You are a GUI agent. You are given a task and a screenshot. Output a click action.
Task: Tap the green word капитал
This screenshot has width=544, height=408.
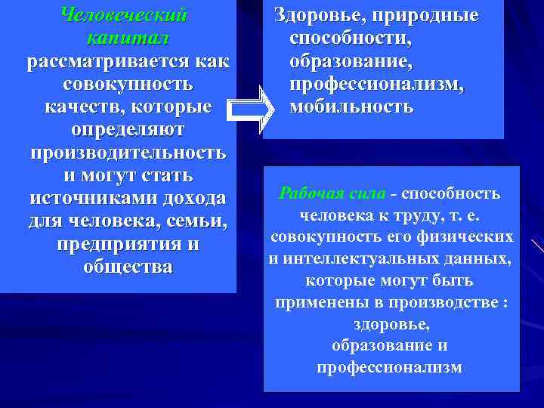tap(127, 38)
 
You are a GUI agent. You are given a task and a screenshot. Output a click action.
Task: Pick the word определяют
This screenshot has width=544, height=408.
tap(127, 129)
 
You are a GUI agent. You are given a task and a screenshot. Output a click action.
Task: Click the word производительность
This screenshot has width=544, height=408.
tap(128, 152)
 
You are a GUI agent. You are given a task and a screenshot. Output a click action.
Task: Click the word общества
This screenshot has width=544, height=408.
tap(128, 267)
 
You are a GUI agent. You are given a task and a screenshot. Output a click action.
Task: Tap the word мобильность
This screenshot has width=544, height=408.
tap(351, 107)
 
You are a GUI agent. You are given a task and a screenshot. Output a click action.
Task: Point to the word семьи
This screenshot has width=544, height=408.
tap(199, 221)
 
